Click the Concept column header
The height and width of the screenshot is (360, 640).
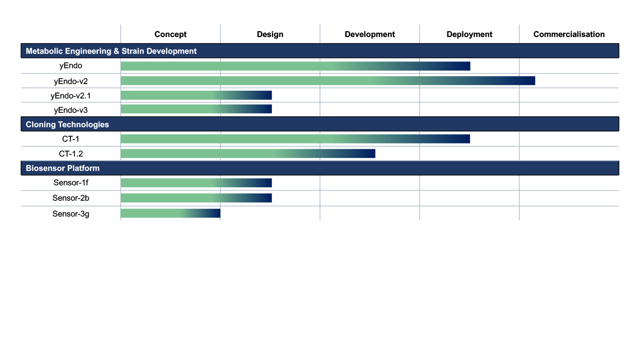pyautogui.click(x=170, y=34)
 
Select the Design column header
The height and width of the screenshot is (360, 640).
pyautogui.click(x=270, y=34)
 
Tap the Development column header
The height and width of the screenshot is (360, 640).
pyautogui.click(x=370, y=34)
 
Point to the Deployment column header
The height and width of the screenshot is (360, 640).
pyautogui.click(x=469, y=34)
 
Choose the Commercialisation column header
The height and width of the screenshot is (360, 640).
pyautogui.click(x=569, y=34)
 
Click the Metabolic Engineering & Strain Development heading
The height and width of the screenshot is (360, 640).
pyautogui.click(x=111, y=51)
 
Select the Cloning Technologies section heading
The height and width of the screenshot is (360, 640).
pyautogui.click(x=67, y=124)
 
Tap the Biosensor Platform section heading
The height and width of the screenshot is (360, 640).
pyautogui.click(x=63, y=168)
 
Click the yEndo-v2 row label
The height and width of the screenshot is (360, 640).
pyautogui.click(x=71, y=81)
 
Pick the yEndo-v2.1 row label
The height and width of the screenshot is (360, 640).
pyautogui.click(x=71, y=96)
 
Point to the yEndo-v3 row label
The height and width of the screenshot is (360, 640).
pyautogui.click(x=71, y=110)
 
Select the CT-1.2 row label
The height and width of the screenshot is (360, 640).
pyautogui.click(x=71, y=154)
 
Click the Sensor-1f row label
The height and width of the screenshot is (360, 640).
pyautogui.click(x=71, y=183)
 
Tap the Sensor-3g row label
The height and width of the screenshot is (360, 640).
pyautogui.click(x=71, y=214)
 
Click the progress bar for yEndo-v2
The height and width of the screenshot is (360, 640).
pyautogui.click(x=327, y=81)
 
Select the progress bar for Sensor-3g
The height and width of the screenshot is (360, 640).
pyautogui.click(x=170, y=214)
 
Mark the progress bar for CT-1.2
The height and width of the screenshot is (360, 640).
pyautogui.click(x=248, y=154)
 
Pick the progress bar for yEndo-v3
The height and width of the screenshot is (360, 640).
pyautogui.click(x=196, y=109)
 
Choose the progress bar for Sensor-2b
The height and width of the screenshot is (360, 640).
pyautogui.click(x=196, y=198)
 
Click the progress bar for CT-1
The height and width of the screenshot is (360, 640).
pyautogui.click(x=295, y=139)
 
